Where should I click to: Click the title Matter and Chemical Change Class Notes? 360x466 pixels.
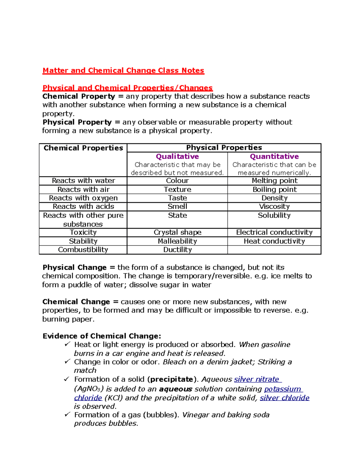[x=123, y=71]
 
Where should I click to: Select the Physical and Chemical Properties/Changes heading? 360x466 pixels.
[x=127, y=88]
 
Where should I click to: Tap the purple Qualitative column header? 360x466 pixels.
[x=177, y=156]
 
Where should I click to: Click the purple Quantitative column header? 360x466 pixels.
[x=274, y=156]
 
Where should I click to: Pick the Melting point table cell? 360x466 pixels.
[x=274, y=181]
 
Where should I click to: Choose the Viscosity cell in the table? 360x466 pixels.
[x=274, y=206]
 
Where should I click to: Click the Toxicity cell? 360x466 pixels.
[x=83, y=233]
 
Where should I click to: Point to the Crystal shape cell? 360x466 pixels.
[x=177, y=233]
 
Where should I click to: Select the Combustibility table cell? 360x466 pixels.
[x=83, y=250]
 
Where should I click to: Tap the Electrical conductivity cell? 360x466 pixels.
[x=274, y=233]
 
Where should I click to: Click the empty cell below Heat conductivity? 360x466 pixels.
[x=274, y=250]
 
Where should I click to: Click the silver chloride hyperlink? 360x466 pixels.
[x=284, y=398]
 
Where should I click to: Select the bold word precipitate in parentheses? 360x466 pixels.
[x=171, y=379]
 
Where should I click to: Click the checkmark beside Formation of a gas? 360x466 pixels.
[x=67, y=414]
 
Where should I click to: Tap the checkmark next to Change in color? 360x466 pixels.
[x=67, y=362]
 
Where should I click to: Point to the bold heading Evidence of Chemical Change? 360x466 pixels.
[x=102, y=336]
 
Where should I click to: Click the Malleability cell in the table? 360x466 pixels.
[x=177, y=241]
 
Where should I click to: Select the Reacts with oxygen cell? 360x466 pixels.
[x=83, y=198]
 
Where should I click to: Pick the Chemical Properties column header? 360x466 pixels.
[x=83, y=148]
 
